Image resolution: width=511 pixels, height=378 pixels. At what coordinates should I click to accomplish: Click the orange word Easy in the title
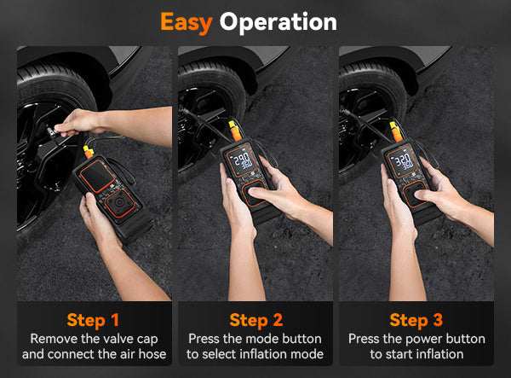[x=187, y=23]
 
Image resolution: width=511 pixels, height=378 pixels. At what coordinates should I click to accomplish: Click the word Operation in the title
[x=278, y=23]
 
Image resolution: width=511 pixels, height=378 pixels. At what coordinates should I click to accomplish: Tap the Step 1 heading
[x=93, y=320]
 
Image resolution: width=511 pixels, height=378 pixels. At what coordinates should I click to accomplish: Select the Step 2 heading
[x=255, y=320]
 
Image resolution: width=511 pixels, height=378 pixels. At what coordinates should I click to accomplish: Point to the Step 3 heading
[x=416, y=320]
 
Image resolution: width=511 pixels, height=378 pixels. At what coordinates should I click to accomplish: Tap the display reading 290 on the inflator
[x=242, y=160]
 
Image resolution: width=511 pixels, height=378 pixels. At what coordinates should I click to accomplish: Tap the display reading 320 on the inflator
[x=403, y=161]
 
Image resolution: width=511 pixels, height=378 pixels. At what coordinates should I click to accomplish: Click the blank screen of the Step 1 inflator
[x=97, y=176]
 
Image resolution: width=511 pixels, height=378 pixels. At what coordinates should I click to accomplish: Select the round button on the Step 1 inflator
[x=119, y=203]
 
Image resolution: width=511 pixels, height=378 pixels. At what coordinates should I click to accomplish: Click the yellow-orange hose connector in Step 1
[x=88, y=152]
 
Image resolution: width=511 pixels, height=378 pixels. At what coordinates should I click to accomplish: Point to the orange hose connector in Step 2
[x=235, y=131]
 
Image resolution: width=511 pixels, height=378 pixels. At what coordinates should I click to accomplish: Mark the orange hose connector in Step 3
[x=395, y=131]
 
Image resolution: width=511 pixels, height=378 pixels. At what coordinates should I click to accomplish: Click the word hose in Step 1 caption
[x=152, y=354]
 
